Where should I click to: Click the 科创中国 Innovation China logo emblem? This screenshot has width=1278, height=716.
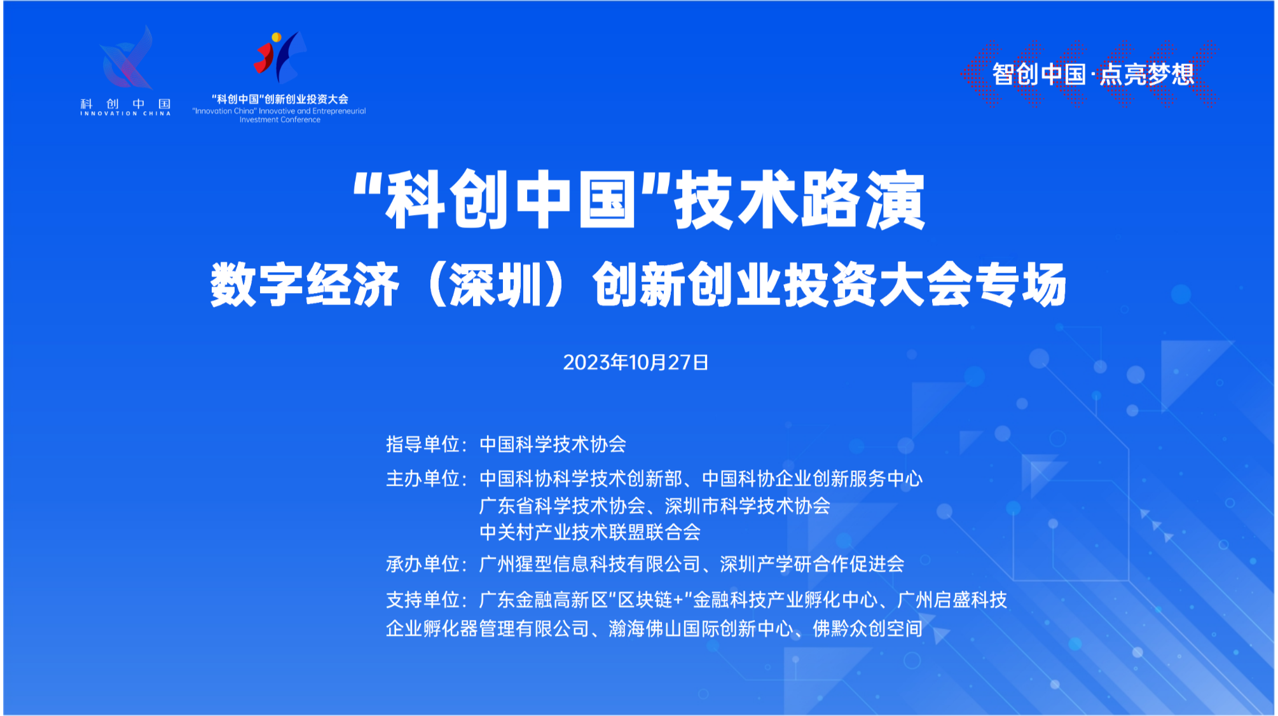coord(126,58)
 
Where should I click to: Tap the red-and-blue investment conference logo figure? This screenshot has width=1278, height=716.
coord(280,57)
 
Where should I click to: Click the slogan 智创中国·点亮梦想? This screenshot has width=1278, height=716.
coord(1093,74)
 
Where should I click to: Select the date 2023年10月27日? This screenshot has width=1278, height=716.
coord(635,362)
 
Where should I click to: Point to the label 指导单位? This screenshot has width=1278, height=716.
coord(422,444)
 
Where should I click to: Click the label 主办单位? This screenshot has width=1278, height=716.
coord(422,478)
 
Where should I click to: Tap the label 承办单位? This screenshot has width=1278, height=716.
coord(422,563)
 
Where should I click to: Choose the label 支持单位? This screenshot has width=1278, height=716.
coord(422,600)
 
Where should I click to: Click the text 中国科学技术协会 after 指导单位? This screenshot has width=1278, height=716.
coord(553,444)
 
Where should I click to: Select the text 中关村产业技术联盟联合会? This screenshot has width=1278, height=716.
coord(589,532)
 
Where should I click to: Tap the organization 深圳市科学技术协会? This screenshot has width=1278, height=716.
coord(747,506)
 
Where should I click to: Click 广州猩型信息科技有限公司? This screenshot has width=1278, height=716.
coord(589,563)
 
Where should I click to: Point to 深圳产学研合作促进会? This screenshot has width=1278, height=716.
coord(812,563)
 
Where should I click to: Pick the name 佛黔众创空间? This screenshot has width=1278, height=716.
coord(867,629)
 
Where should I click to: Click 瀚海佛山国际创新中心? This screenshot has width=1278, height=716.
coord(701,629)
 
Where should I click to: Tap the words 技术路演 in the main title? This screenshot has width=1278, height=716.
coord(799,200)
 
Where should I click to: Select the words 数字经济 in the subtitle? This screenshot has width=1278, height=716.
coord(305,285)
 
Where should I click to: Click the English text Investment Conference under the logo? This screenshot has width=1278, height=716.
coord(280,120)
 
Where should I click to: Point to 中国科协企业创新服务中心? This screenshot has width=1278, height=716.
coord(812,478)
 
